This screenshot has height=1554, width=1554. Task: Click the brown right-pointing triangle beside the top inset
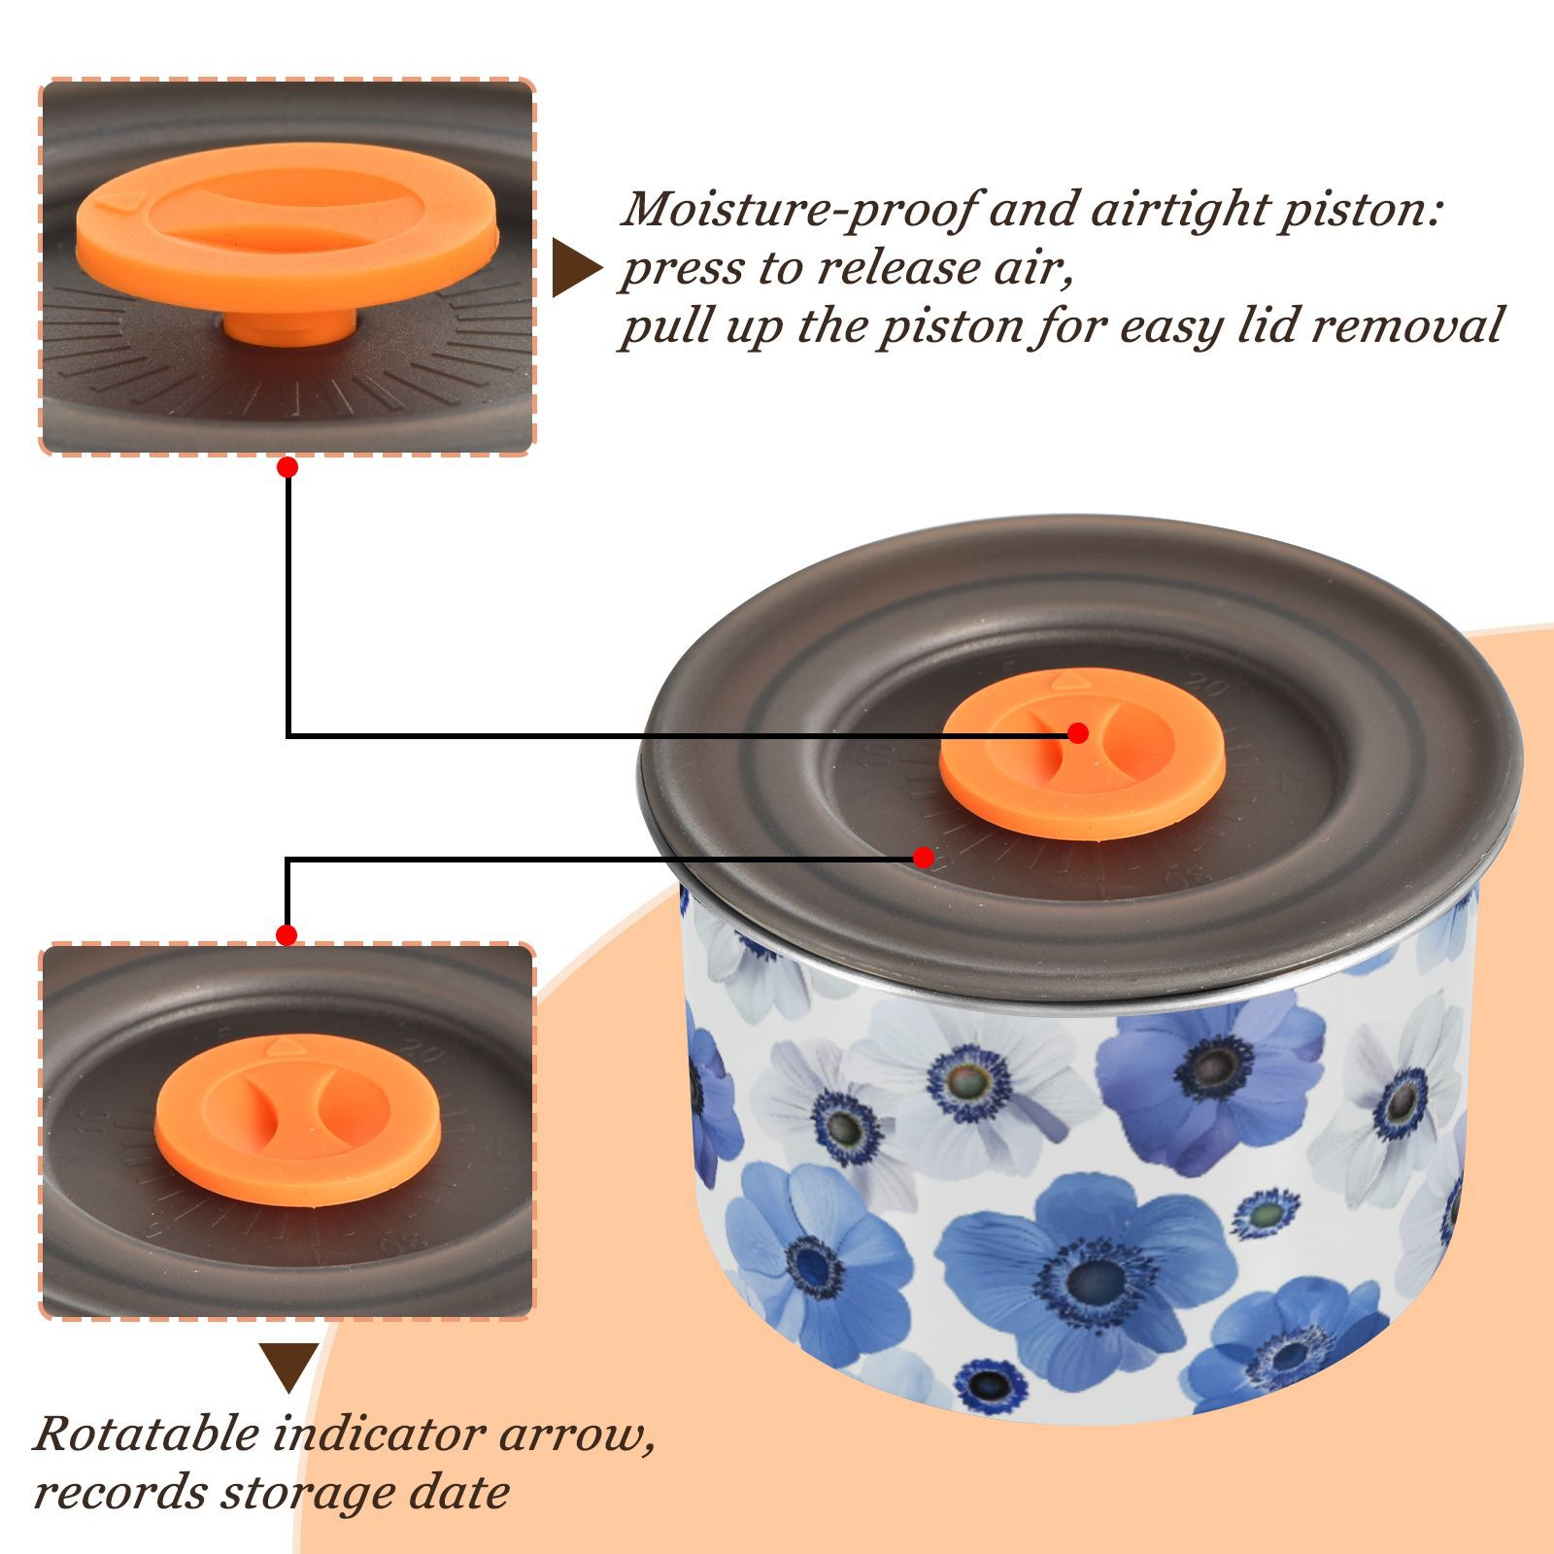click(x=577, y=268)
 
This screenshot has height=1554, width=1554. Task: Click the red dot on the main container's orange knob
click(x=1077, y=733)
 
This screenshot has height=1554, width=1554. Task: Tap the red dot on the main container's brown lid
click(x=924, y=858)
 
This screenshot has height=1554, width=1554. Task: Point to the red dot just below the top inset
click(x=287, y=467)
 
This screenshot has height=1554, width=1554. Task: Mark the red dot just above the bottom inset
click(x=287, y=935)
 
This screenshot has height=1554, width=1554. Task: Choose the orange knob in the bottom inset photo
click(x=297, y=1119)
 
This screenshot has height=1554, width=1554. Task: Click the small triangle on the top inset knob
click(x=124, y=202)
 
